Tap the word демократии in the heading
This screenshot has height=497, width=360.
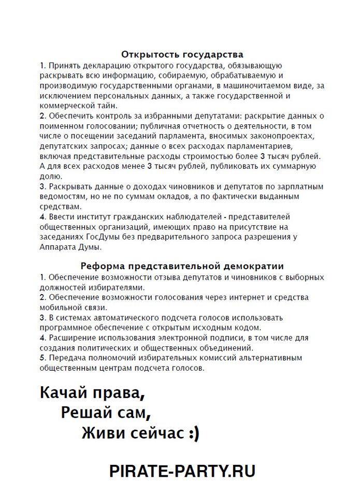pyautogui.click(x=251, y=266)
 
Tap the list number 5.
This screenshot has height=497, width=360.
pyautogui.click(x=42, y=358)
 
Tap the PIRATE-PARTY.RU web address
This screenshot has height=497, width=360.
pyautogui.click(x=182, y=471)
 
